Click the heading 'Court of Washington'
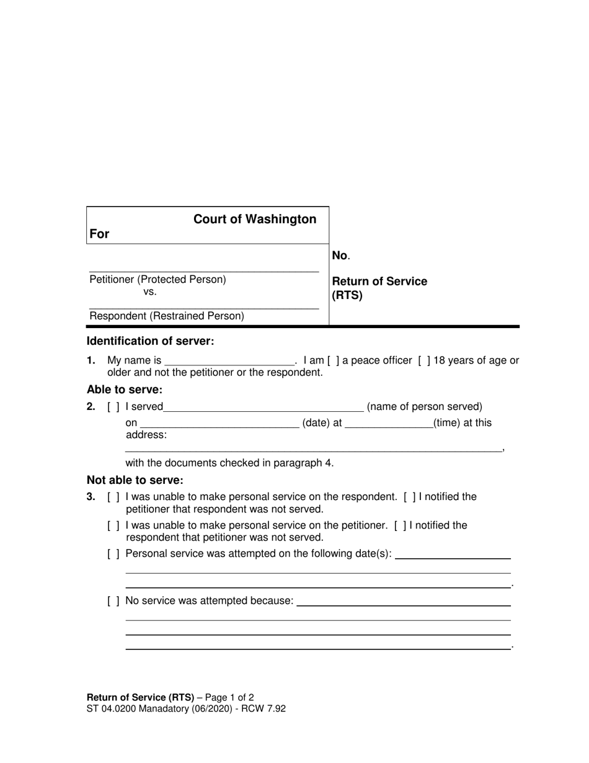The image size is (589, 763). (255, 219)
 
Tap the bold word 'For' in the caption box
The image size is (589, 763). (99, 234)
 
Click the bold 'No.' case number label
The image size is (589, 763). (340, 255)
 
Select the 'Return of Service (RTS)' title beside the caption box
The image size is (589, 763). (379, 288)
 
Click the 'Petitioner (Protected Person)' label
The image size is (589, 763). (157, 279)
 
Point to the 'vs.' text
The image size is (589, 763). (150, 292)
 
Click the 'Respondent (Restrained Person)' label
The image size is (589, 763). (167, 316)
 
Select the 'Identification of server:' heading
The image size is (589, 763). (150, 341)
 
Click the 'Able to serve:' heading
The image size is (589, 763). (124, 390)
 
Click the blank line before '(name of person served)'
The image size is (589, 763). (263, 408)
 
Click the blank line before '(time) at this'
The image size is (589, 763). (389, 424)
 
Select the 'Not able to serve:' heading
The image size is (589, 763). (135, 480)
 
